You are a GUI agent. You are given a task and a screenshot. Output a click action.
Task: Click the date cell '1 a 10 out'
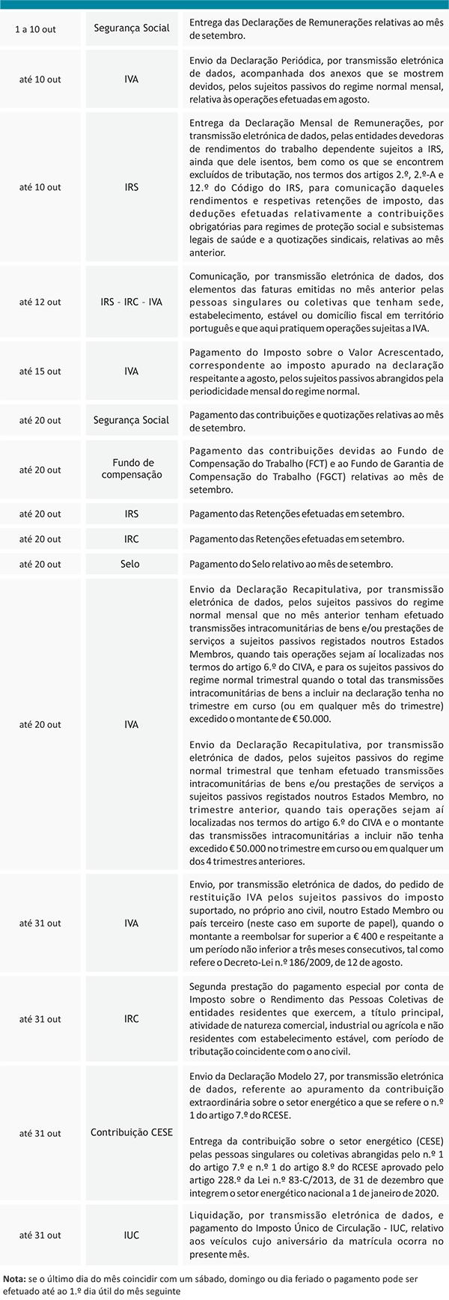point(36,29)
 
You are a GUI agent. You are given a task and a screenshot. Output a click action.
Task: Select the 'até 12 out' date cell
point(40,302)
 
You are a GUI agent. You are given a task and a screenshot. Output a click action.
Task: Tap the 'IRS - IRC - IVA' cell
point(131,302)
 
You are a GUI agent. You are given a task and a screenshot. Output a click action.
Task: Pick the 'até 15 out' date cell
point(40,371)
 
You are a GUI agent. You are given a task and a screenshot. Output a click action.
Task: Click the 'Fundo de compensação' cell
point(132,469)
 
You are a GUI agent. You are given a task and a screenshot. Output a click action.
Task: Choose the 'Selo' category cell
point(130,564)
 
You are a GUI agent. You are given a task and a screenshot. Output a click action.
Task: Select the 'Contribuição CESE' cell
point(132,1132)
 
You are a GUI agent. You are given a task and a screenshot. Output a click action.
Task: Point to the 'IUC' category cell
point(132,1235)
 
